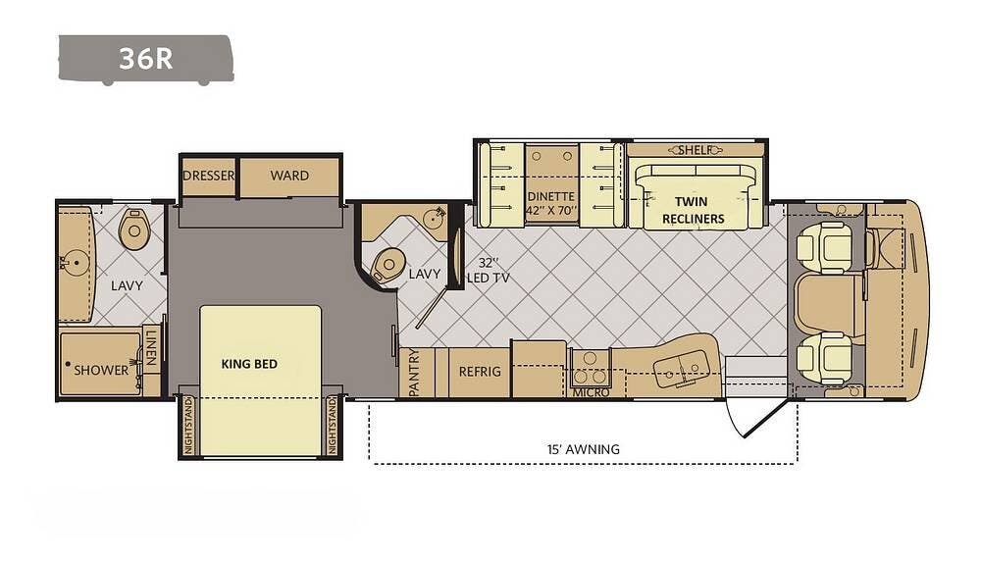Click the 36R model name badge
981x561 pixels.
pyautogui.click(x=146, y=59)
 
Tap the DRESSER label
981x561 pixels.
pyautogui.click(x=209, y=176)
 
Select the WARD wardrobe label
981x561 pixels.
pyautogui.click(x=289, y=176)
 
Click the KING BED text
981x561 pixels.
pyautogui.click(x=249, y=364)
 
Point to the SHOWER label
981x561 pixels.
pyautogui.click(x=101, y=371)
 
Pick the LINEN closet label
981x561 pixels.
pyautogui.click(x=150, y=347)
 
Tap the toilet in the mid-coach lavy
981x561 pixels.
pyautogui.click(x=387, y=265)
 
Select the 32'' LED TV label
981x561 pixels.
pyautogui.click(x=488, y=270)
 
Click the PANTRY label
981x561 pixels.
pyautogui.click(x=414, y=373)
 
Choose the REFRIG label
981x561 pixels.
pyautogui.click(x=480, y=372)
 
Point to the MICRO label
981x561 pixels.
pyautogui.click(x=591, y=392)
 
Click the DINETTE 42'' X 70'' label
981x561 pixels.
pyautogui.click(x=550, y=204)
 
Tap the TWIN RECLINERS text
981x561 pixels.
pyautogui.click(x=693, y=210)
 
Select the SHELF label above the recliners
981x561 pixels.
pyautogui.click(x=696, y=150)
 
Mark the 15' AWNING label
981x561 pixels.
pyautogui.click(x=583, y=449)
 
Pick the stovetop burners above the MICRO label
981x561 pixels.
pyautogui.click(x=590, y=367)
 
